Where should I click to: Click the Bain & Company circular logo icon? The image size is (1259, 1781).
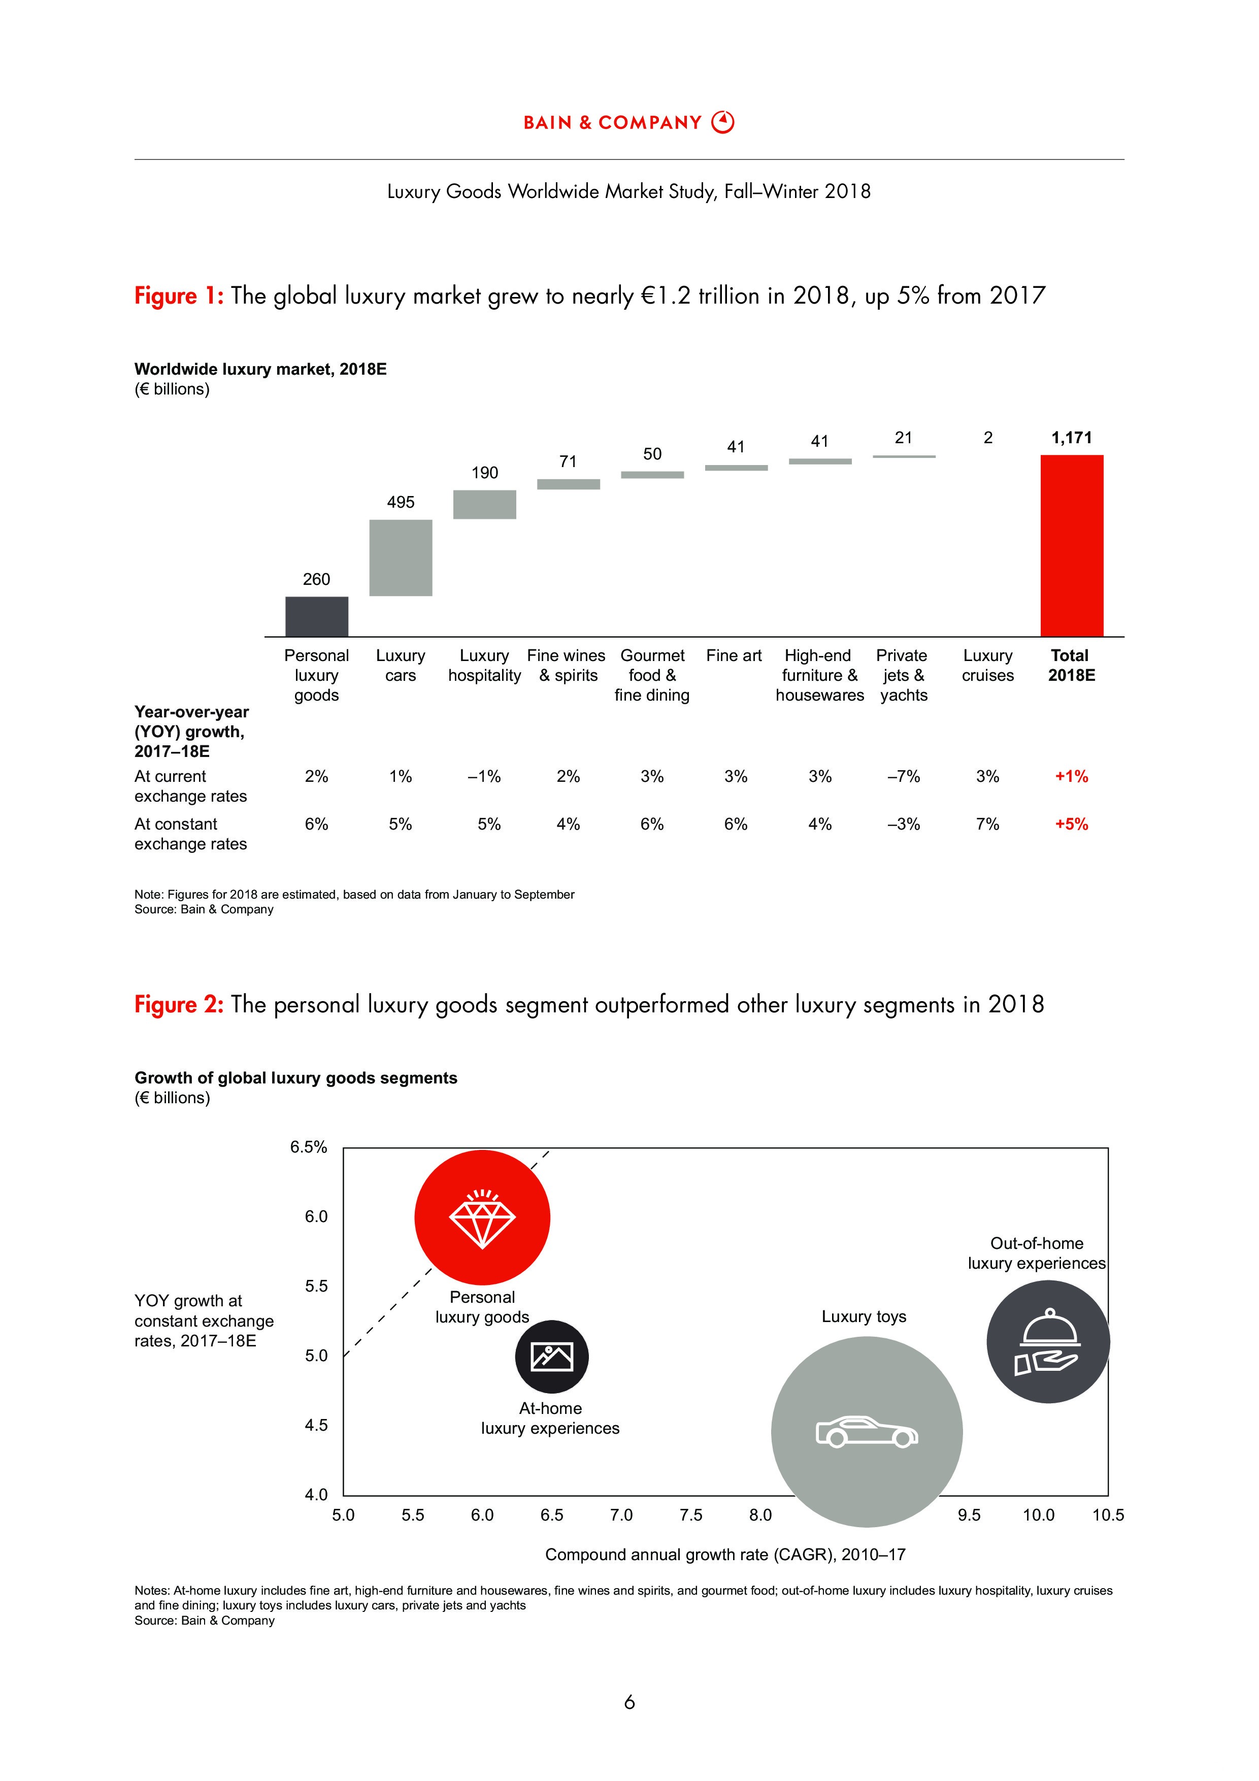pos(723,122)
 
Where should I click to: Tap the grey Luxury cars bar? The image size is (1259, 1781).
pos(400,558)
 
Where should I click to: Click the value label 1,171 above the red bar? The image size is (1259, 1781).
pos(1071,438)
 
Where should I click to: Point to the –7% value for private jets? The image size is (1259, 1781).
pos(904,776)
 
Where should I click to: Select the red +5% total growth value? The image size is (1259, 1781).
pos(1071,824)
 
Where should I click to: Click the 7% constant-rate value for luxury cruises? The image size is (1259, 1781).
pos(987,824)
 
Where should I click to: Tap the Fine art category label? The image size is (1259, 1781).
pos(734,655)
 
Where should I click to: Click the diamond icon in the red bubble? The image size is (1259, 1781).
pos(482,1218)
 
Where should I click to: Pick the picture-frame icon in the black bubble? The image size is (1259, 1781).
pos(551,1357)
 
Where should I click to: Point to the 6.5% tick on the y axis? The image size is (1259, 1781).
pos(309,1147)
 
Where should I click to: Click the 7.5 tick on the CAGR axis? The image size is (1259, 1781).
pos(690,1515)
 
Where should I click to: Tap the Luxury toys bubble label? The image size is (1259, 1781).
pos(864,1316)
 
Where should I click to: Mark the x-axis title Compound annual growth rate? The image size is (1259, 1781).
pos(724,1555)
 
